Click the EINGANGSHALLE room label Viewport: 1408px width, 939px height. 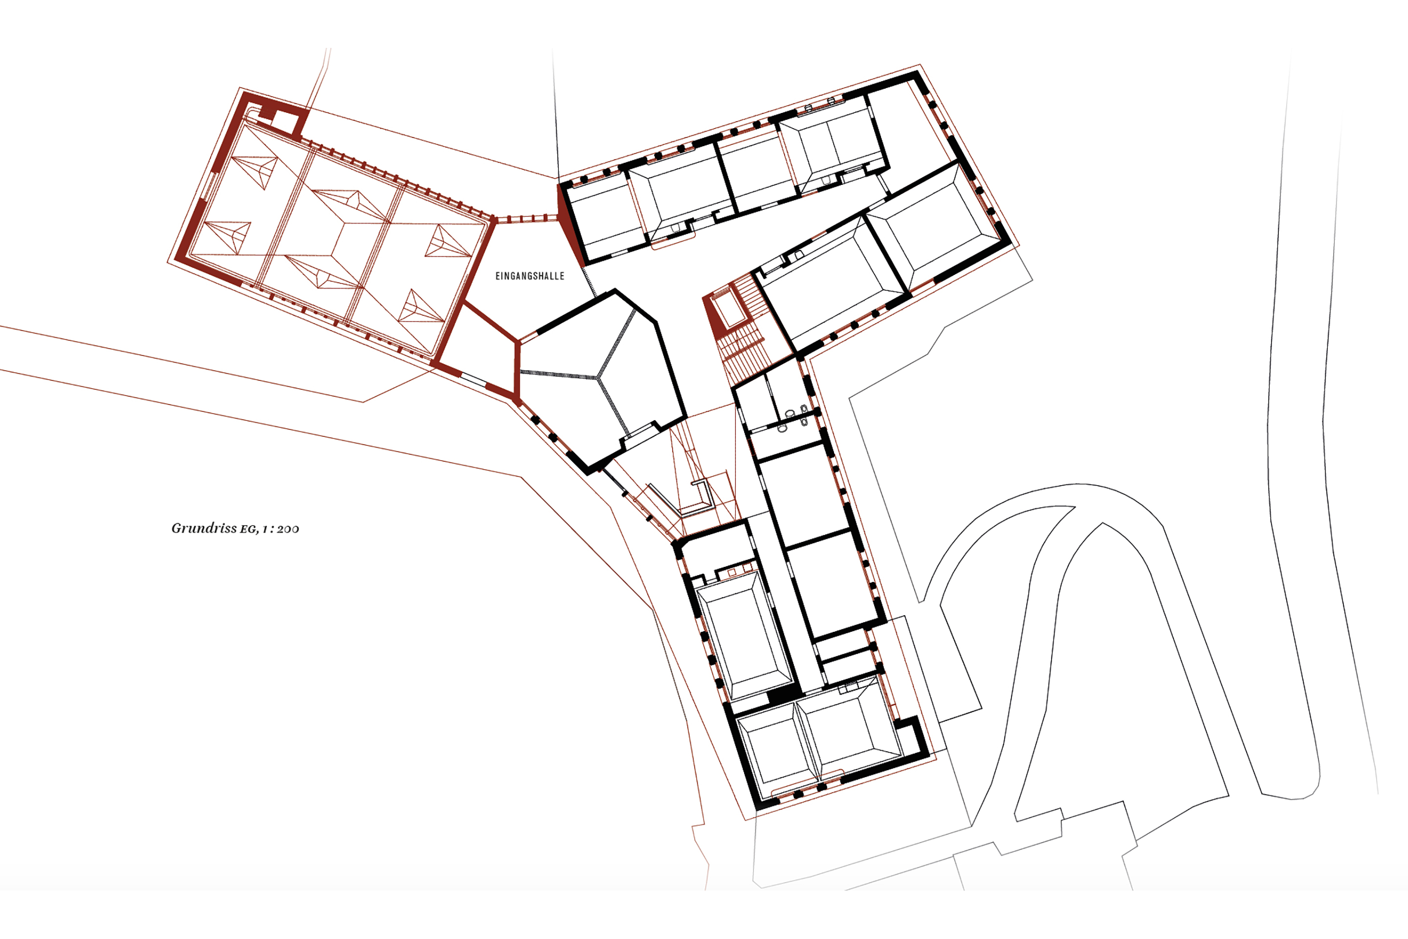[530, 276]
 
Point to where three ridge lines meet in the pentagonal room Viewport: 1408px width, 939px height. [597, 377]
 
